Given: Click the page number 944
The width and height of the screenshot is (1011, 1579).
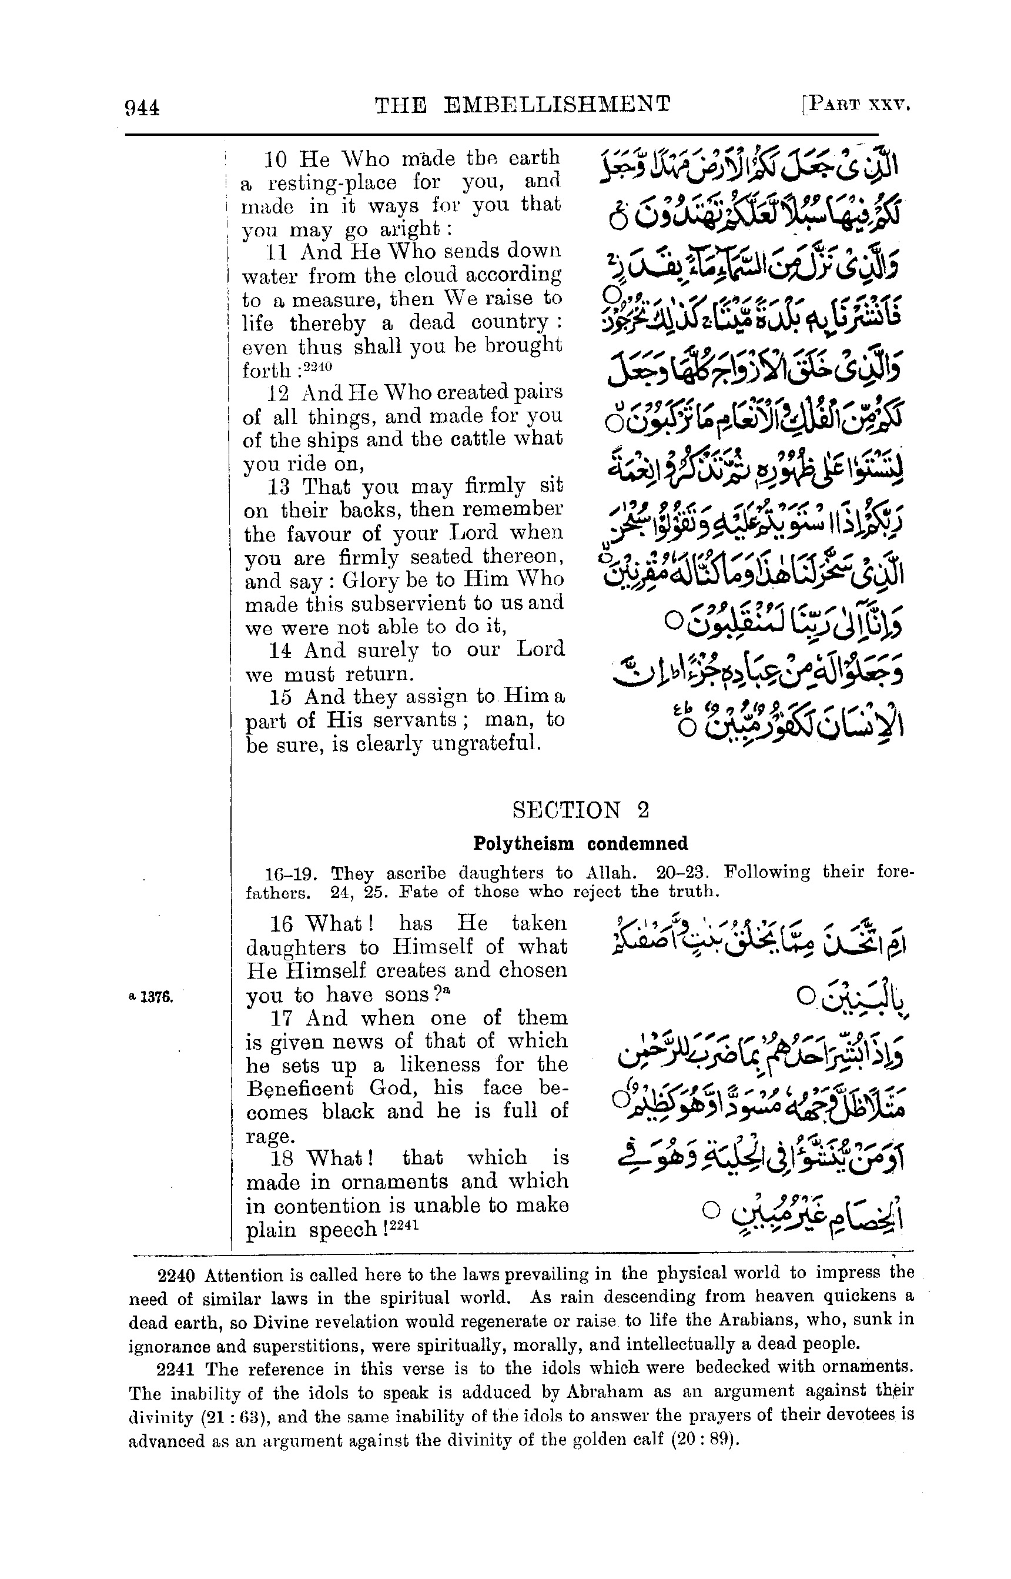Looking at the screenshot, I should pos(142,107).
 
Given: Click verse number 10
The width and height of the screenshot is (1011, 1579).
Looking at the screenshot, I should pos(276,159).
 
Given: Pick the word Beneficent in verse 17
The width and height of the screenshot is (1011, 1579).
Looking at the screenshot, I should pos(299,1089).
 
